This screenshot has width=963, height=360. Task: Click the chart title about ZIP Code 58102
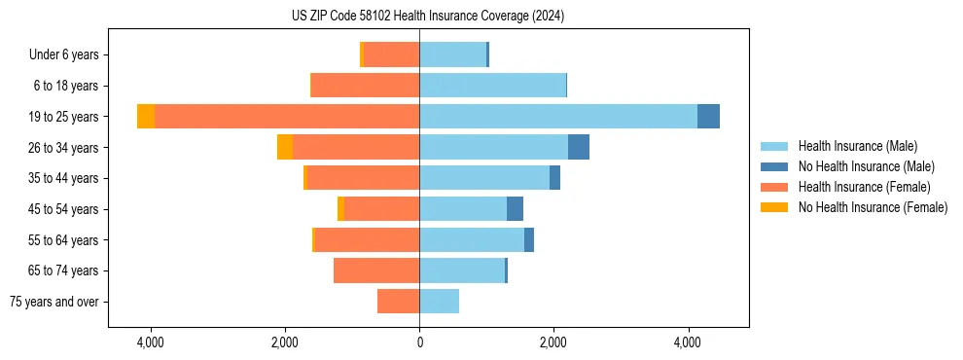[427, 17]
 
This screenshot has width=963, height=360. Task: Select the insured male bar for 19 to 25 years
[558, 116]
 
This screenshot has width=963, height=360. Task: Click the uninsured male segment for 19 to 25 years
[708, 116]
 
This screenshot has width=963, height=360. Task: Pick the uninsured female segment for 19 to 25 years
[146, 116]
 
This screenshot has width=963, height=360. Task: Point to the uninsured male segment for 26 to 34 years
[579, 147]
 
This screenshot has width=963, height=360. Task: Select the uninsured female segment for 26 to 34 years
[285, 147]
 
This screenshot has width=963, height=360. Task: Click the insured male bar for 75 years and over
[440, 302]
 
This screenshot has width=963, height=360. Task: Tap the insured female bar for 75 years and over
[399, 302]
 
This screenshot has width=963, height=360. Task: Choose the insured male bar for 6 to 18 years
[492, 86]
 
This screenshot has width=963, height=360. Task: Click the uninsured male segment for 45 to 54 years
[515, 208]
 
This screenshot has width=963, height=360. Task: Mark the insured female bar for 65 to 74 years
[376, 270]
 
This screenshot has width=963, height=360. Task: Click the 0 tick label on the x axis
[419, 343]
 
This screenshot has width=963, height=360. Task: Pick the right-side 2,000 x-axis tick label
[553, 343]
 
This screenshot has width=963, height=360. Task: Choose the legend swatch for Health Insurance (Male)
[774, 146]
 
